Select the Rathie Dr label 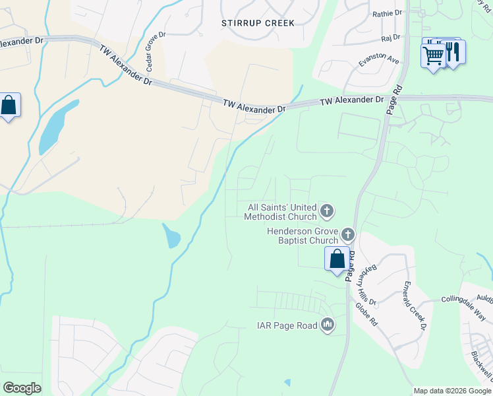click(387, 13)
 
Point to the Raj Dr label click(391, 38)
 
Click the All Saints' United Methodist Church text click(280, 211)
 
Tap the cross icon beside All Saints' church click(327, 211)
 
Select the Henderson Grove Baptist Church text click(302, 236)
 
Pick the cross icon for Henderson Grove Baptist click(347, 234)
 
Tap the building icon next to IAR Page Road click(328, 325)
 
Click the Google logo click(22, 388)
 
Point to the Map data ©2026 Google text click(452, 391)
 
